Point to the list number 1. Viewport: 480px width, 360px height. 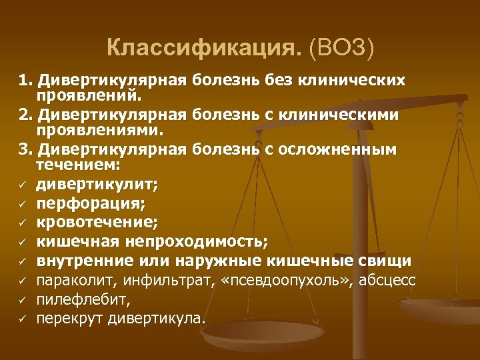coord(25,81)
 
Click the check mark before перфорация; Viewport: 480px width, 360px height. coord(22,203)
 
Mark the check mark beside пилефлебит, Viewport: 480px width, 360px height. coord(22,299)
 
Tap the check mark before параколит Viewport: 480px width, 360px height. coord(22,279)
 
